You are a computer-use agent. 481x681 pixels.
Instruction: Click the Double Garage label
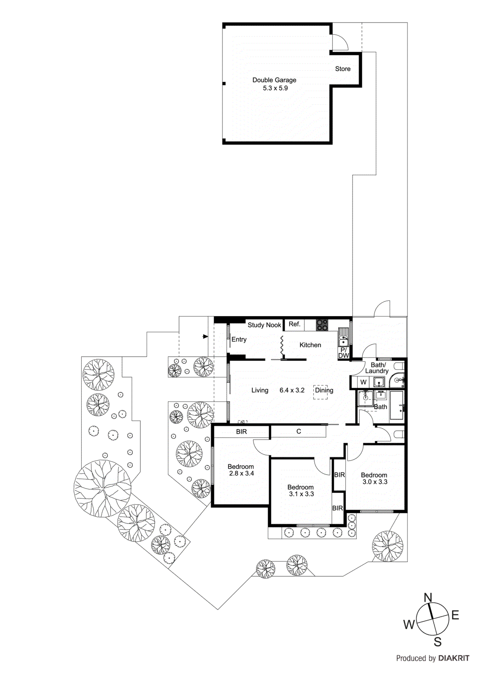(x=274, y=80)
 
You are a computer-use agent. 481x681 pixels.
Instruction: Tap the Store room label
(x=343, y=69)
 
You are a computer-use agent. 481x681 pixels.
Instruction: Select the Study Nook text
(x=264, y=325)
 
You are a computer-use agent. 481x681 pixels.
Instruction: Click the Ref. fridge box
(x=294, y=324)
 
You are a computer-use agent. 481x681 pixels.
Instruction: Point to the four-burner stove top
(x=322, y=325)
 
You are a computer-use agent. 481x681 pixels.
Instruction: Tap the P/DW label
(x=344, y=353)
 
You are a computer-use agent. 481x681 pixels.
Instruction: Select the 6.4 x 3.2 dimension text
(x=292, y=390)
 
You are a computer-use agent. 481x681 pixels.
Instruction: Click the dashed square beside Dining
(x=321, y=392)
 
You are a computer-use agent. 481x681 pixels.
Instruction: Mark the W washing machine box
(x=364, y=382)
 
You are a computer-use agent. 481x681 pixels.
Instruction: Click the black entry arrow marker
(x=205, y=337)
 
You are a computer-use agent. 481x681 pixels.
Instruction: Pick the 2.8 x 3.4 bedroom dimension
(x=241, y=473)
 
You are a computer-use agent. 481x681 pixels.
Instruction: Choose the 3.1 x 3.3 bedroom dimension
(x=301, y=494)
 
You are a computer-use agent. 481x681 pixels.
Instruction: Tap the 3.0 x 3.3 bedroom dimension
(x=375, y=482)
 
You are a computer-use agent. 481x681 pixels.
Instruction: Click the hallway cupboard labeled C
(x=299, y=432)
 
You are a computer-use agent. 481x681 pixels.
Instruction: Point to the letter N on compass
(x=428, y=597)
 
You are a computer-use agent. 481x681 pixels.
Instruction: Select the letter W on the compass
(x=409, y=625)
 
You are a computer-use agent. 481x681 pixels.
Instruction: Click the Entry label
(x=239, y=340)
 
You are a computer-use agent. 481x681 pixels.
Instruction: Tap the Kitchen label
(x=310, y=345)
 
